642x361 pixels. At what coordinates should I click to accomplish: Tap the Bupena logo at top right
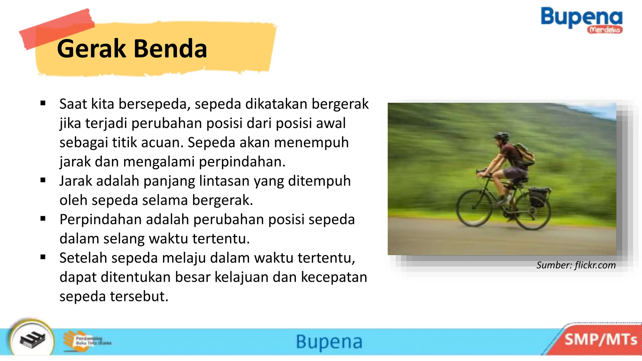pyautogui.click(x=581, y=17)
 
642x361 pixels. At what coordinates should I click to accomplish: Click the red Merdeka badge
pyautogui.click(x=605, y=30)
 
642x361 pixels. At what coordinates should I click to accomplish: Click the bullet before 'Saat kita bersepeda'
pyautogui.click(x=43, y=103)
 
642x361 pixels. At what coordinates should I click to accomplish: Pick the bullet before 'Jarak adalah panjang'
pyautogui.click(x=43, y=180)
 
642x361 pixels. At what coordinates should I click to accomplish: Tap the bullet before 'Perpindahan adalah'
pyautogui.click(x=43, y=219)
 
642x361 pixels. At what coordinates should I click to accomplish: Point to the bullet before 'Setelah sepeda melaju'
pyautogui.click(x=43, y=257)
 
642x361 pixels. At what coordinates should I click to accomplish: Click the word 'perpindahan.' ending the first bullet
pyautogui.click(x=242, y=162)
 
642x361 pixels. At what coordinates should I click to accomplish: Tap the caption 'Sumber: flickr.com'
pyautogui.click(x=576, y=265)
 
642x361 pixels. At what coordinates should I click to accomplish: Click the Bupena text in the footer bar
pyautogui.click(x=329, y=342)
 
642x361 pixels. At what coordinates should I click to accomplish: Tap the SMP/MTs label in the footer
pyautogui.click(x=601, y=340)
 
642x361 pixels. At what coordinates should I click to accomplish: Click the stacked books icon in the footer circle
pyautogui.click(x=32, y=340)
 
